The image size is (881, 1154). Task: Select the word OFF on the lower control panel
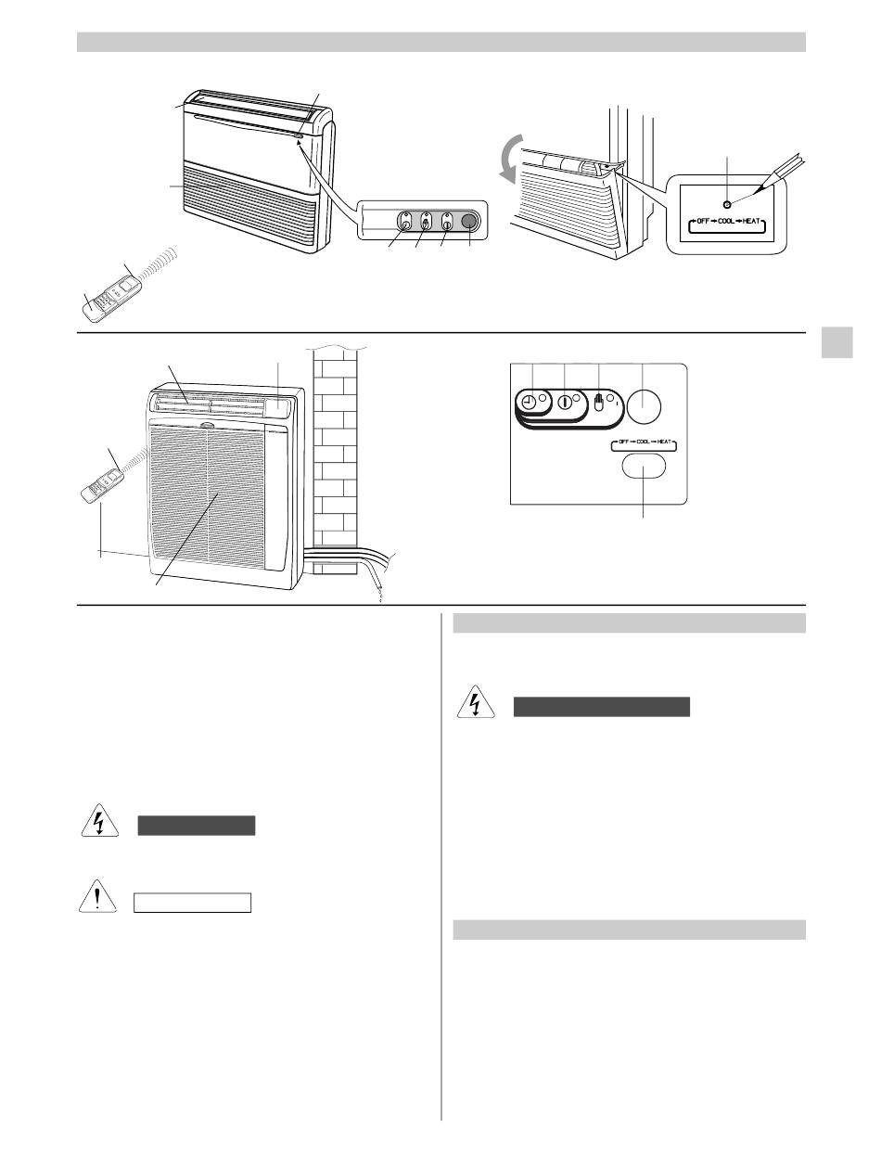623,447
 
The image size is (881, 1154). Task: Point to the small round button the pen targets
726,204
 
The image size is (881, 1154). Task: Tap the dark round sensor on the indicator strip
468,222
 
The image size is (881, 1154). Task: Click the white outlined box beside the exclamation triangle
193,903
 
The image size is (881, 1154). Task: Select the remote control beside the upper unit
110,289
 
